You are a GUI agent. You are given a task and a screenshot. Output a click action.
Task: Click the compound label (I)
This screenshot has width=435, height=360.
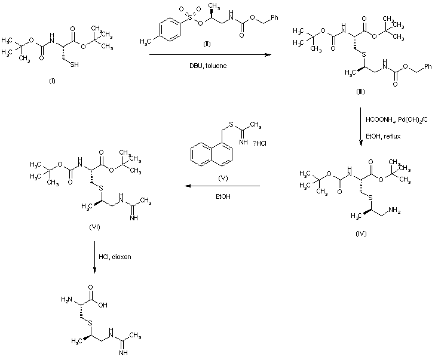[x=52, y=82]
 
